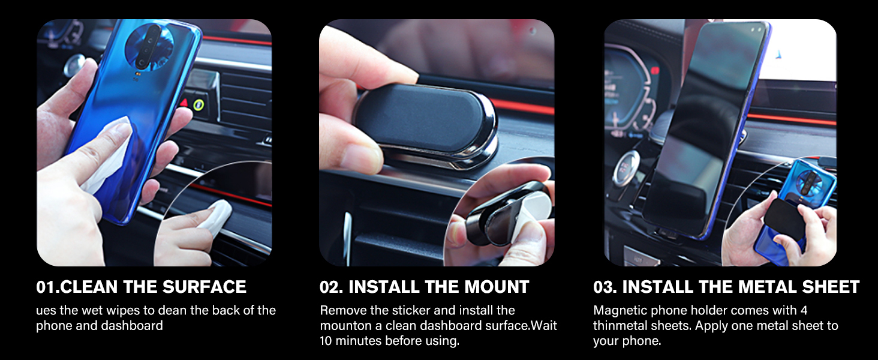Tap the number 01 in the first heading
click(x=46, y=287)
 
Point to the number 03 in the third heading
click(x=605, y=287)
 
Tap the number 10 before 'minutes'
click(x=327, y=341)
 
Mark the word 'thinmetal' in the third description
click(x=620, y=326)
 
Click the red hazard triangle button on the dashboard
click(x=185, y=103)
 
